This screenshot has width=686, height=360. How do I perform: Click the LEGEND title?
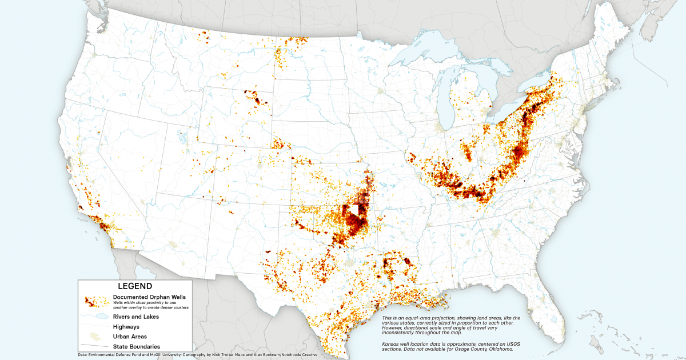(135, 286)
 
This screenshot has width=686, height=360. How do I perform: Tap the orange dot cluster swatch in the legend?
(95, 302)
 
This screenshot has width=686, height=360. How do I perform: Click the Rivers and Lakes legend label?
(136, 317)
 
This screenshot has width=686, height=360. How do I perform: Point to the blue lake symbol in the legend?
(95, 317)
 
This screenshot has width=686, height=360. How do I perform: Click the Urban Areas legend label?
(130, 337)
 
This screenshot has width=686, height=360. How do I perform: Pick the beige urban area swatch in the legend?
(95, 337)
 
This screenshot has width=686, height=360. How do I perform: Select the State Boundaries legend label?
(136, 346)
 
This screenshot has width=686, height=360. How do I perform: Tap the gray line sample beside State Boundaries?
(95, 346)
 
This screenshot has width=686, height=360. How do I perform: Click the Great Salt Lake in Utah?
(181, 137)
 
